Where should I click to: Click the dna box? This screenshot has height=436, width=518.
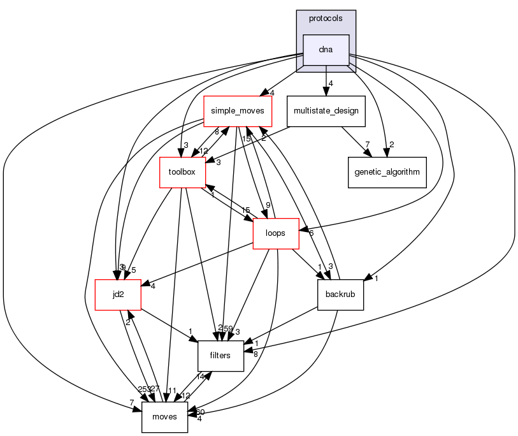[326, 50]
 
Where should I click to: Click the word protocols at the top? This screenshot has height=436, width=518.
[326, 18]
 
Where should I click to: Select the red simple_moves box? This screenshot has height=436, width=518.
[238, 111]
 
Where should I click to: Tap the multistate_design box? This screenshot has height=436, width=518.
[326, 111]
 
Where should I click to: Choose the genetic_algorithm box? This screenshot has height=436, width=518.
[387, 172]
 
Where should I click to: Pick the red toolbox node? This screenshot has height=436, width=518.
[182, 172]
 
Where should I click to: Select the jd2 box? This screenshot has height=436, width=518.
[118, 294]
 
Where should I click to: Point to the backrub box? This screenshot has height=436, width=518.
[340, 294]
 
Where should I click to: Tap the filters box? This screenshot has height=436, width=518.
[220, 356]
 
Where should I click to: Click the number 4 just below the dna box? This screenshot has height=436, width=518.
[331, 84]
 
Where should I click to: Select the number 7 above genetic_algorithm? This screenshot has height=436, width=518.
[368, 145]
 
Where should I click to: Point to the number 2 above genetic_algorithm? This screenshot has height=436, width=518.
[392, 145]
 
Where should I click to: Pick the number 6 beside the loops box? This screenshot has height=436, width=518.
[310, 233]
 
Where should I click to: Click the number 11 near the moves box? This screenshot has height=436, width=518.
[172, 389]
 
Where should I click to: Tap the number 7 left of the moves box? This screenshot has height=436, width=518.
[131, 403]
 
